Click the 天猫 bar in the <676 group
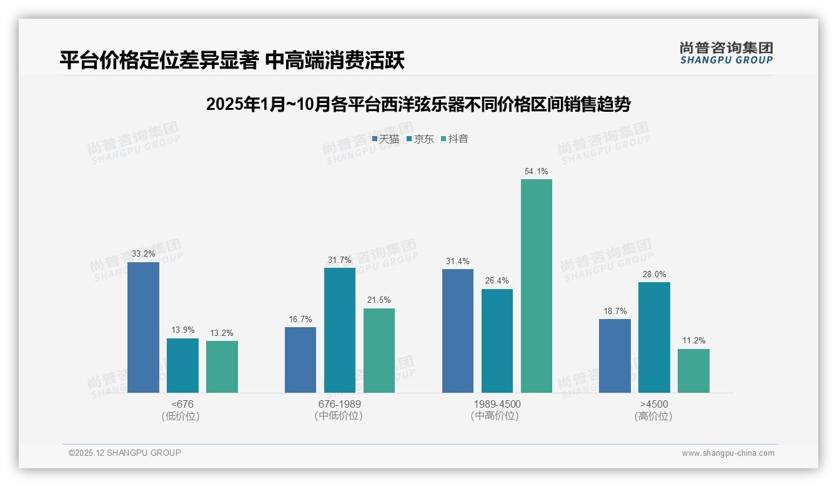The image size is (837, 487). click(143, 327)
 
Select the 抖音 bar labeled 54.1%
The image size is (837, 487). click(537, 286)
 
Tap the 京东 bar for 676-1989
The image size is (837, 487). click(340, 330)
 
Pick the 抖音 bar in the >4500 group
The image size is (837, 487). click(693, 371)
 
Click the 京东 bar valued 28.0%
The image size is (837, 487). click(654, 337)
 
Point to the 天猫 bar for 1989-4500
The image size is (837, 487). click(458, 331)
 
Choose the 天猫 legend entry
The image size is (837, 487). click(385, 139)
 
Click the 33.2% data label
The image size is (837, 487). click(143, 254)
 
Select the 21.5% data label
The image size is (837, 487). click(379, 300)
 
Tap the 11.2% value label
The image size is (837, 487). click(693, 341)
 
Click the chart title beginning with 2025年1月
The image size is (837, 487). click(418, 104)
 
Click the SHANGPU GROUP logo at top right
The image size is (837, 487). click(726, 53)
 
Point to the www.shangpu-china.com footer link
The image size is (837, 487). click(728, 453)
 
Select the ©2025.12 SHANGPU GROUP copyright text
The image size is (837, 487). click(125, 453)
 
